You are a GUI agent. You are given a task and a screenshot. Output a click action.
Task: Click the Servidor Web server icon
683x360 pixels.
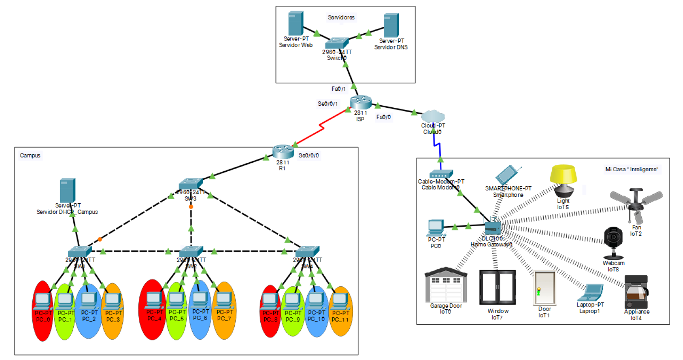point(295,24)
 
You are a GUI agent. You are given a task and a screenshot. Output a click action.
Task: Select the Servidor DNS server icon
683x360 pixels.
point(391,26)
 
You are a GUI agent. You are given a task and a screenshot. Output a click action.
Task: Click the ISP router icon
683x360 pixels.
point(360,102)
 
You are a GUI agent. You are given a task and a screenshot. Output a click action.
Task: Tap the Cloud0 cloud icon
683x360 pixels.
point(432,116)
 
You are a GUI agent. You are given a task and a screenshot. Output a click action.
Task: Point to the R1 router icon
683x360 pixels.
point(282,152)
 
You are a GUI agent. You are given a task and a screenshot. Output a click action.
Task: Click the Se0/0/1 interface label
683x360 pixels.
point(327,104)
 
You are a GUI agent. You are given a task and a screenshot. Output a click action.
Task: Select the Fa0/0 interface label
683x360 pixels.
point(383,117)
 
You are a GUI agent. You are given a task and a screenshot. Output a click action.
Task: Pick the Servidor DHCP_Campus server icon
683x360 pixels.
point(67,190)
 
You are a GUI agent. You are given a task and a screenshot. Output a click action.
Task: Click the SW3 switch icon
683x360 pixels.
point(190,184)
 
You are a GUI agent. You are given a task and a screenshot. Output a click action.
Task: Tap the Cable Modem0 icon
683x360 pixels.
point(441,174)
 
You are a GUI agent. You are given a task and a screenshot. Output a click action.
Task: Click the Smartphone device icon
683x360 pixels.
point(507,175)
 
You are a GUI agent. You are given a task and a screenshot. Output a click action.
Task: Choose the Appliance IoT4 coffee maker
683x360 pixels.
point(636,292)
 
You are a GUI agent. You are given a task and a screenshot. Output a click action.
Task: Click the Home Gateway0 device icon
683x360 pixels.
point(493,228)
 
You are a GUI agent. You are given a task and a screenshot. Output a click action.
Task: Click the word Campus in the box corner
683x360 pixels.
point(30,156)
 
